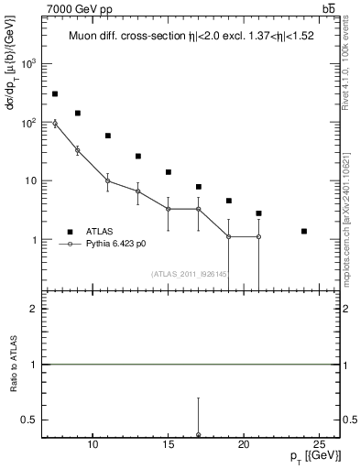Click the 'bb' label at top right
[328, 8]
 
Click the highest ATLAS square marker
[55, 93]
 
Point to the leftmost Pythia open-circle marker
[55, 123]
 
